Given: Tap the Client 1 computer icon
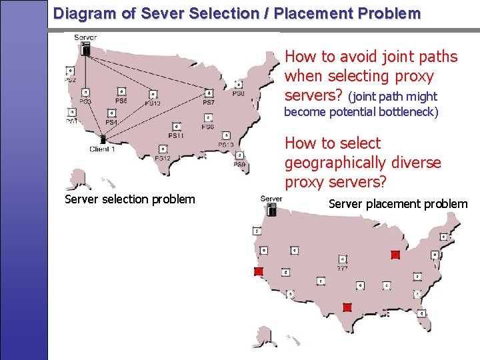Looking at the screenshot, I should (103, 139).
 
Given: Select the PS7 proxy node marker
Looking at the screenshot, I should (209, 93).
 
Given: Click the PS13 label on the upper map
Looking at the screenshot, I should (153, 103).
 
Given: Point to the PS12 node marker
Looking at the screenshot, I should (163, 149).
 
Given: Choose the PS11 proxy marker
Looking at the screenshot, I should (176, 126).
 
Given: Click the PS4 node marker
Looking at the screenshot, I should (111, 113).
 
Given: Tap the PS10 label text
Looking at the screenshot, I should (225, 145).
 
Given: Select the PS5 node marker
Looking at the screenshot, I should (121, 91).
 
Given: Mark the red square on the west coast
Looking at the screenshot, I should (259, 271).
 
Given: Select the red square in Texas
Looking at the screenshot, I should (347, 307).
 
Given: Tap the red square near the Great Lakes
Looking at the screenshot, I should (395, 254).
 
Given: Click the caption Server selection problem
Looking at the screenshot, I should (130, 199).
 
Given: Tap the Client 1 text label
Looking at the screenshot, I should (103, 149).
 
